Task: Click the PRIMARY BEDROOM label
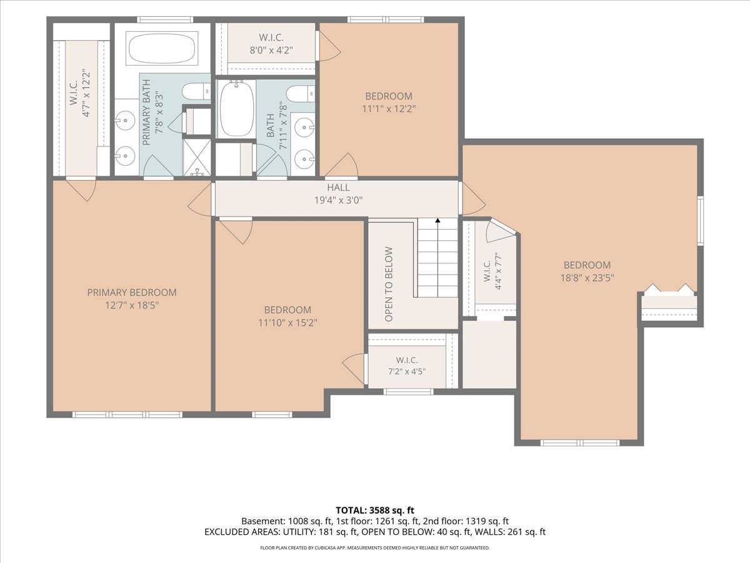tap(132, 293)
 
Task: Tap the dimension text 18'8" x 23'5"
tap(587, 278)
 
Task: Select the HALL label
tap(338, 187)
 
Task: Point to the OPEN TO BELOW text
tap(389, 284)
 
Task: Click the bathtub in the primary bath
tap(162, 48)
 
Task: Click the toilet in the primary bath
tap(196, 91)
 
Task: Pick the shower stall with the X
tap(197, 158)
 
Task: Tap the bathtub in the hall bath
tap(236, 108)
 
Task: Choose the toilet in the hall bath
tap(301, 93)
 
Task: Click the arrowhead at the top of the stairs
tap(437, 220)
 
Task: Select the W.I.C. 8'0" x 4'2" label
tap(271, 44)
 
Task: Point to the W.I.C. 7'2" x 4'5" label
tap(407, 366)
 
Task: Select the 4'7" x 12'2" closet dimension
tap(86, 93)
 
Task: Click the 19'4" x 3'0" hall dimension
tap(338, 200)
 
